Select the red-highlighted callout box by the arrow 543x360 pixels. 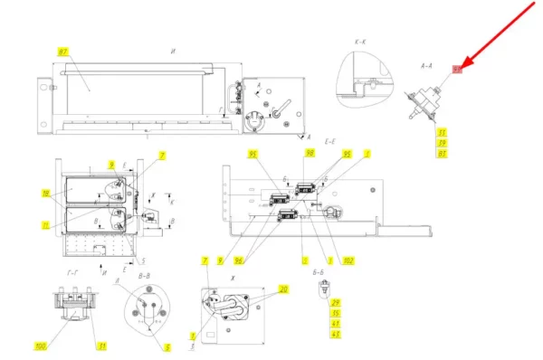click(x=458, y=70)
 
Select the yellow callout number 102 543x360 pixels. click(x=348, y=261)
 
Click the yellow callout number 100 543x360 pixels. click(x=40, y=346)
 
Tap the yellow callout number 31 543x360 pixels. click(x=103, y=346)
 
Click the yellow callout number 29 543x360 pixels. click(x=335, y=302)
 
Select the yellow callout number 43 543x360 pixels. click(x=335, y=335)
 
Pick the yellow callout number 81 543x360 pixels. click(x=443, y=155)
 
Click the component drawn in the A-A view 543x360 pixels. click(x=425, y=98)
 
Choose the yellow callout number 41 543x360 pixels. click(x=335, y=324)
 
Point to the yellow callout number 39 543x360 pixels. click(x=443, y=144)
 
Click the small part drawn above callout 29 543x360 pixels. click(x=322, y=288)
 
